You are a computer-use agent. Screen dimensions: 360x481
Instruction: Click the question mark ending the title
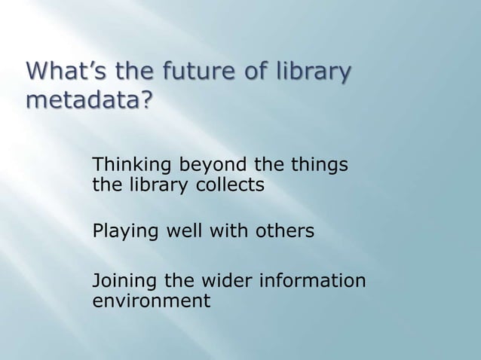[x=142, y=100]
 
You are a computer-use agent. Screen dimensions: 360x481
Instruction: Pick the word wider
[x=224, y=282]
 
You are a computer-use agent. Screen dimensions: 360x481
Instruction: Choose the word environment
[x=151, y=302]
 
